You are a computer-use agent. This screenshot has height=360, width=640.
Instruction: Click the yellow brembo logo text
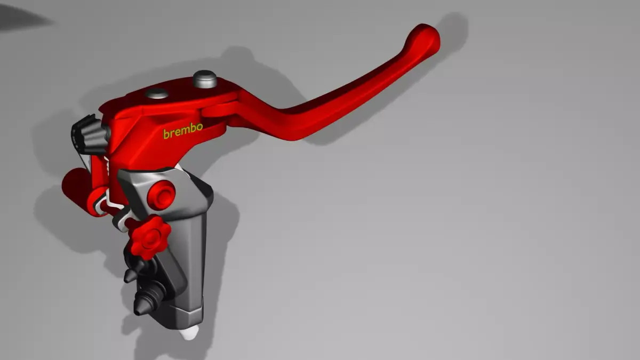(x=183, y=131)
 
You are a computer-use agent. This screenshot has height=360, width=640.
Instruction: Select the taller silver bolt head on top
(x=205, y=79)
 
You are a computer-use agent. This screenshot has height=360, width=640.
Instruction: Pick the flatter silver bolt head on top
(x=157, y=94)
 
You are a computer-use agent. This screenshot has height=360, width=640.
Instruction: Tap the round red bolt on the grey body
(x=161, y=195)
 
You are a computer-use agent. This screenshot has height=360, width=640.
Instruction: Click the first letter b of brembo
(x=166, y=134)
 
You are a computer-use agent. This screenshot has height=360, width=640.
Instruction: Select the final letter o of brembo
(x=199, y=127)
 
